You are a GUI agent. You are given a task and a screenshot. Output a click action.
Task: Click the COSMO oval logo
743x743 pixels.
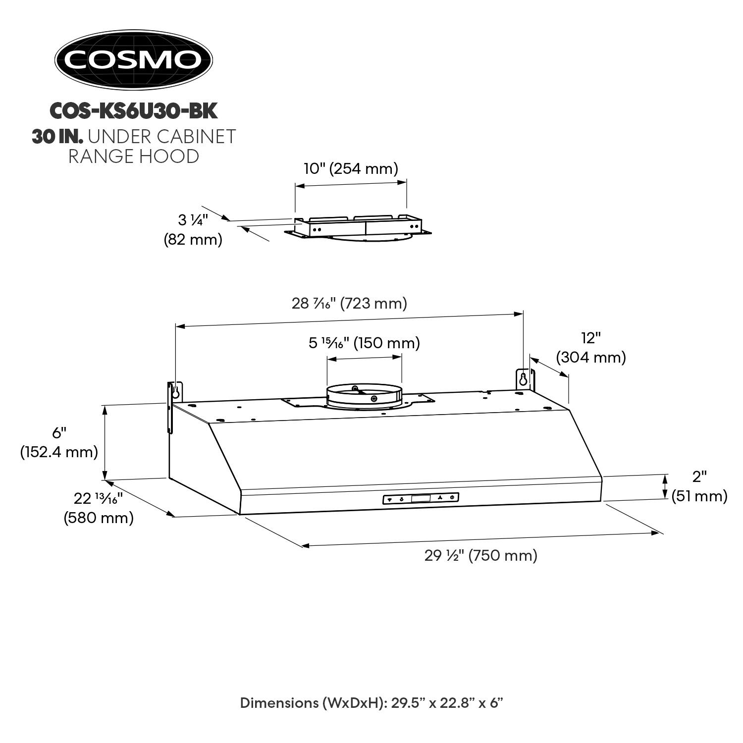tap(133, 60)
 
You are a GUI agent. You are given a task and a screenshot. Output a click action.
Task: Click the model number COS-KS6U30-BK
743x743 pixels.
tap(133, 111)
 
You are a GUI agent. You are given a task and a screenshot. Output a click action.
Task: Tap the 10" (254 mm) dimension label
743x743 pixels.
tap(351, 169)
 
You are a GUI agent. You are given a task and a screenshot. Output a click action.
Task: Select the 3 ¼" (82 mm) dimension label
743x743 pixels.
tap(193, 229)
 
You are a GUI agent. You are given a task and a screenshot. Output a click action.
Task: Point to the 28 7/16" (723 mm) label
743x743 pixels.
tap(349, 303)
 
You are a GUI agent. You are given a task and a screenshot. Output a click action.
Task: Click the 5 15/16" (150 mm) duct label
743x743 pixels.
tap(364, 343)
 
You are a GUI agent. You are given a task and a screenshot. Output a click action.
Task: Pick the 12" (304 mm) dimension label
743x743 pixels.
tap(591, 348)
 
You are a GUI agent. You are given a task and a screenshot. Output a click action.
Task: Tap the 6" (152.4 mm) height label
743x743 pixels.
tap(59, 442)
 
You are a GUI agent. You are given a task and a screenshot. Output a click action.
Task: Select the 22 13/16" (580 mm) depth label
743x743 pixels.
tap(99, 508)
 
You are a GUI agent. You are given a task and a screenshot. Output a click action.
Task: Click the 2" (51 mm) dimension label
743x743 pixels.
tap(699, 486)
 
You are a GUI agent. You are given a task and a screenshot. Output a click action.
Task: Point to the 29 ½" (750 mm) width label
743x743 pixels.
tap(480, 556)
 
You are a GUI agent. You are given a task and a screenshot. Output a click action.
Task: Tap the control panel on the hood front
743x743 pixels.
tap(421, 499)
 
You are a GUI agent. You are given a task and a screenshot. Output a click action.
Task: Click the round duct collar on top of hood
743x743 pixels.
tap(364, 396)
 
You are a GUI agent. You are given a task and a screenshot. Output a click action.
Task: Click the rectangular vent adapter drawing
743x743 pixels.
tap(358, 227)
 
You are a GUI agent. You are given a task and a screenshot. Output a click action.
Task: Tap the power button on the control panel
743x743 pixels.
tap(452, 497)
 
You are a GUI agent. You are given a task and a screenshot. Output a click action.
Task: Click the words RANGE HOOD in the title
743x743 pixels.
tap(133, 156)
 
